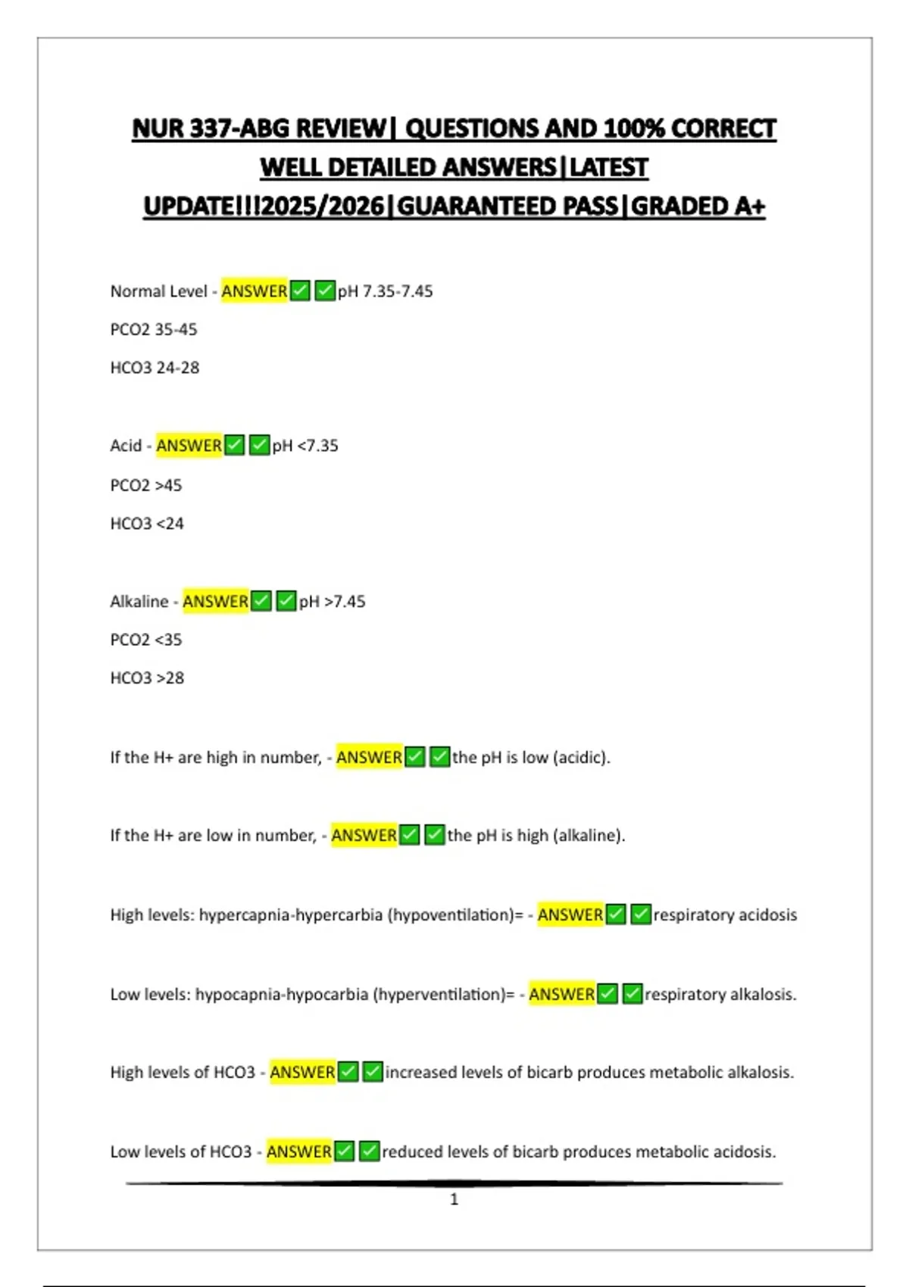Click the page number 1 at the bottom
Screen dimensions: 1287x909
(454, 1199)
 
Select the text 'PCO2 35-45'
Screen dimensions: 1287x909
(154, 330)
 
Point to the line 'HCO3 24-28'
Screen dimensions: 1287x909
(155, 368)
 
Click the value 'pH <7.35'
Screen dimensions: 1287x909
(305, 446)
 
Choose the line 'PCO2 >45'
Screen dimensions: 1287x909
(146, 485)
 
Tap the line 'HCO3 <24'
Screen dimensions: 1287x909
(147, 524)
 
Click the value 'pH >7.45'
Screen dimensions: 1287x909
(332, 602)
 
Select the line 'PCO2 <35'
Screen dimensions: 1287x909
(146, 640)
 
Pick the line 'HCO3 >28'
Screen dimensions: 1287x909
(147, 678)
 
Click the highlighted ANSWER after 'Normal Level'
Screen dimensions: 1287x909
(255, 291)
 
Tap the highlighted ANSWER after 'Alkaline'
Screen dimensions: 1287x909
(215, 602)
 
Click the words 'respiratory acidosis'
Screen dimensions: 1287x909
(725, 915)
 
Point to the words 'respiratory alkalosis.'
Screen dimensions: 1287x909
(720, 995)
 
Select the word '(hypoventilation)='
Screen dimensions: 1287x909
(455, 915)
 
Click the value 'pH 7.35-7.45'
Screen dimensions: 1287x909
(386, 291)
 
